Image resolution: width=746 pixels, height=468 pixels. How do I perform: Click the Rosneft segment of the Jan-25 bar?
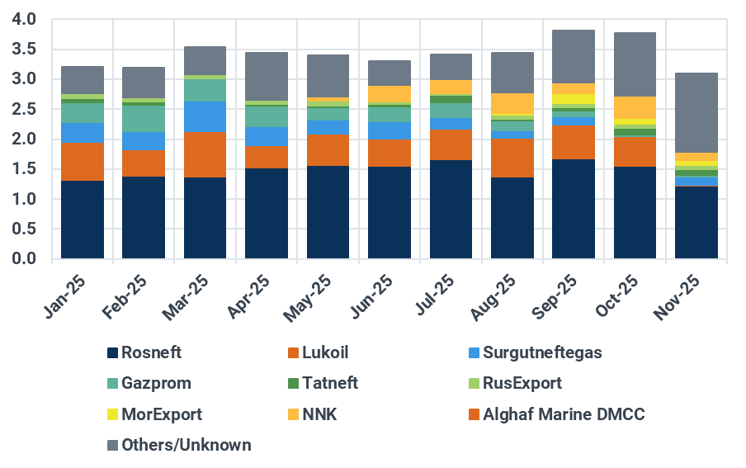(x=83, y=220)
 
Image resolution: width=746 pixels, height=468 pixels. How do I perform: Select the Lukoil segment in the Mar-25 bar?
(x=205, y=154)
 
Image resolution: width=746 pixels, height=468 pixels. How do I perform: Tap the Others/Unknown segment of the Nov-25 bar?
(x=696, y=112)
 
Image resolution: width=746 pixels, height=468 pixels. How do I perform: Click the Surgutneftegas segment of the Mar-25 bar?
(x=205, y=116)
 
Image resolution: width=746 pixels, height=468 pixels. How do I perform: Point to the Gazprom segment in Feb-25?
(x=144, y=119)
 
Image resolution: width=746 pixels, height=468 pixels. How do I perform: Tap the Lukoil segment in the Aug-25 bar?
(x=512, y=158)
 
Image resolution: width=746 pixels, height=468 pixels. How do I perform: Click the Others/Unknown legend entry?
(x=186, y=445)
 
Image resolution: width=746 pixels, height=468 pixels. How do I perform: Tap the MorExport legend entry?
(x=161, y=414)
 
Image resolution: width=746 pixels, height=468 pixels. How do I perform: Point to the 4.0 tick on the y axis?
(x=25, y=19)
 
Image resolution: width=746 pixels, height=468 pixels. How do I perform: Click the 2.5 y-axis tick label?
(x=25, y=109)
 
